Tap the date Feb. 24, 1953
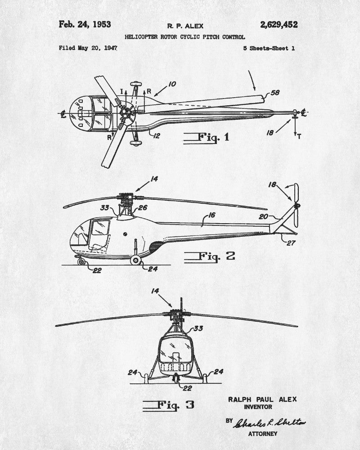tap(85, 24)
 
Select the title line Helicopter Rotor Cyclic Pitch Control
tap(185, 37)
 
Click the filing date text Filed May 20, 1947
tap(88, 48)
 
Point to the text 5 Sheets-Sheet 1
tap(269, 48)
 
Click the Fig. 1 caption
tap(207, 137)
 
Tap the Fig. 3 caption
tap(169, 405)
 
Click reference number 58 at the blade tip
tap(274, 93)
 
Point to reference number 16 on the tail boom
tap(211, 215)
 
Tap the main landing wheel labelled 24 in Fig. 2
tap(135, 260)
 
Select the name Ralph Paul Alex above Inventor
tap(262, 399)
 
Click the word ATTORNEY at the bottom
tap(263, 434)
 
